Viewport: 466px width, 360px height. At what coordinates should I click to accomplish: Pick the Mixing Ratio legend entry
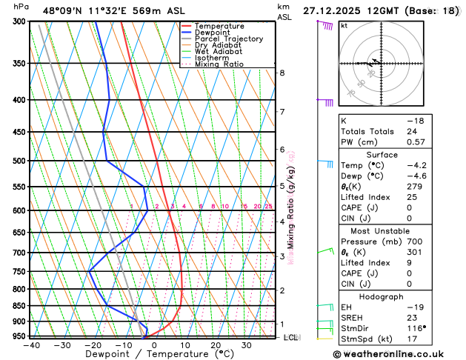click(220, 64)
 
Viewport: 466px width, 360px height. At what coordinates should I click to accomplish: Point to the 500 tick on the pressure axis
click(19, 161)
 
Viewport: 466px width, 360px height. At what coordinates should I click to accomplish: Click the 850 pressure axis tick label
click(19, 306)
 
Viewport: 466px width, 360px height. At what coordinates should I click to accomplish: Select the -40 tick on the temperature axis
click(31, 345)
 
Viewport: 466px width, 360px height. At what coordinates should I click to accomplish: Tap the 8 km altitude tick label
click(282, 73)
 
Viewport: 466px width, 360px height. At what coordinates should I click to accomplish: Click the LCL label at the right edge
click(290, 337)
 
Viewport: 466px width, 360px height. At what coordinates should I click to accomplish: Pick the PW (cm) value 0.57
click(415, 142)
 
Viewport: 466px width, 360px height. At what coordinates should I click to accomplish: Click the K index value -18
click(415, 120)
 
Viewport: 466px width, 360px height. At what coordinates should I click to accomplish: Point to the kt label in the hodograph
click(344, 25)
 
